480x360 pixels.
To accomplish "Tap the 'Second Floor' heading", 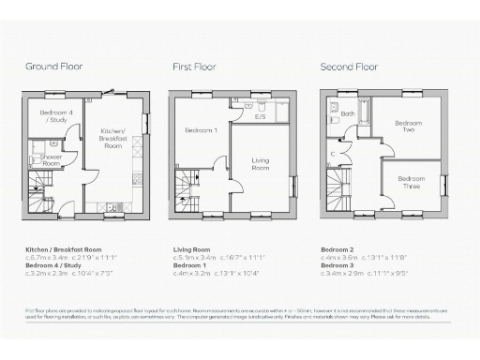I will coord(348,67).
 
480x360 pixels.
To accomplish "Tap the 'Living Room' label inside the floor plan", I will coord(260,165).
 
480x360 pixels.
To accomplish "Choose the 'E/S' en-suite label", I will coord(260,117).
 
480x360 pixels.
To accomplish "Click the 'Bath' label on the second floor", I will coord(347,115).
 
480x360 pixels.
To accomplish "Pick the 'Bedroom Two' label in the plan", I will coord(408,127).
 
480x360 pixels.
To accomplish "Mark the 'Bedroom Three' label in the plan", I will coord(411,182).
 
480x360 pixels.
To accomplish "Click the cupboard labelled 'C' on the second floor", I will coord(332,154).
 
